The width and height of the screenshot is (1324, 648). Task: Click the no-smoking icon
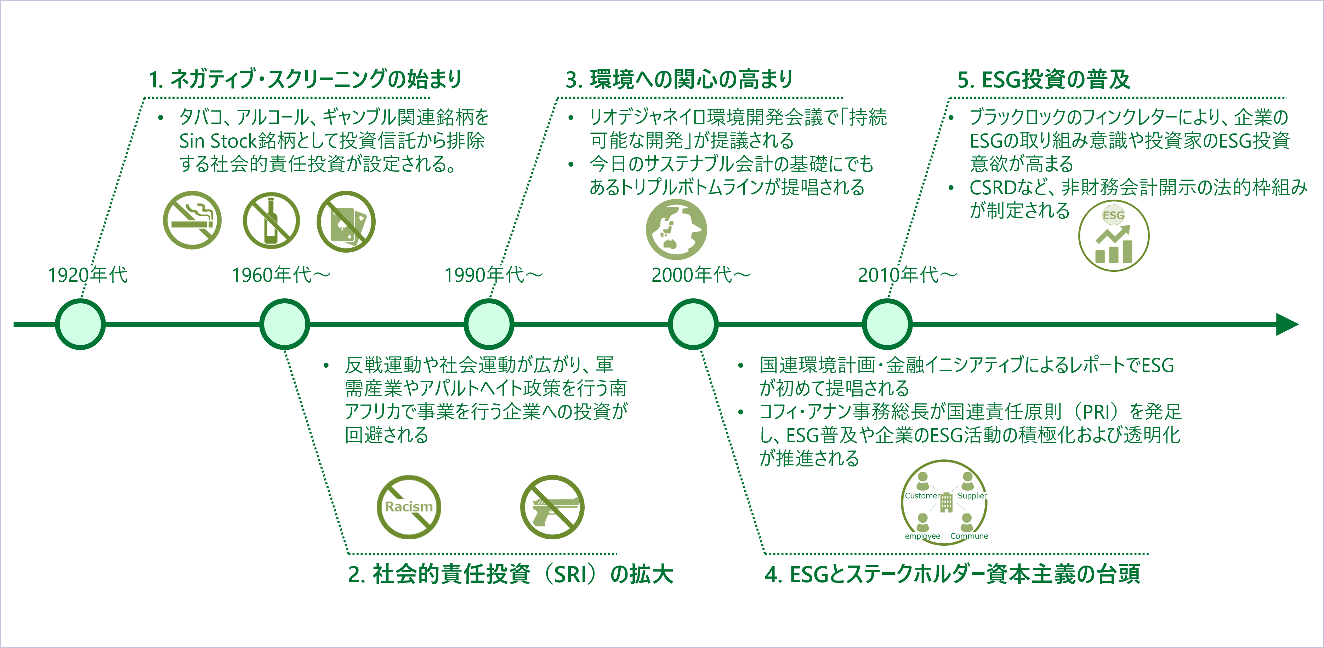pos(192,220)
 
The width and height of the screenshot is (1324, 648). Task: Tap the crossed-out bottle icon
pos(271,220)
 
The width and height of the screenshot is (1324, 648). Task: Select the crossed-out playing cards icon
pos(346,222)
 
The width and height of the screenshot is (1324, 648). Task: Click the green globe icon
pos(676,229)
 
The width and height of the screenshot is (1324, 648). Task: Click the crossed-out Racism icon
pos(409,507)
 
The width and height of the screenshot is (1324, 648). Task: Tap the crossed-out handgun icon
pos(552,507)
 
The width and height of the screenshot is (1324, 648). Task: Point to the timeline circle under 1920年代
pos(80,324)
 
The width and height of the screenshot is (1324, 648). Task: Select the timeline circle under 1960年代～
pos(284,324)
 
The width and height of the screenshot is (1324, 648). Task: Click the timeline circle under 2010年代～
pos(887,324)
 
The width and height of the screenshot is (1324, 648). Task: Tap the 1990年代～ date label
pos(493,275)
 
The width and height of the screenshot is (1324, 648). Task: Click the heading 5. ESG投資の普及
pos(1043,79)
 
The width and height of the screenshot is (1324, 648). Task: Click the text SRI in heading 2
pos(570,574)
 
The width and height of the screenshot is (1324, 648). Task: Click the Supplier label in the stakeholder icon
pos(972,496)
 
